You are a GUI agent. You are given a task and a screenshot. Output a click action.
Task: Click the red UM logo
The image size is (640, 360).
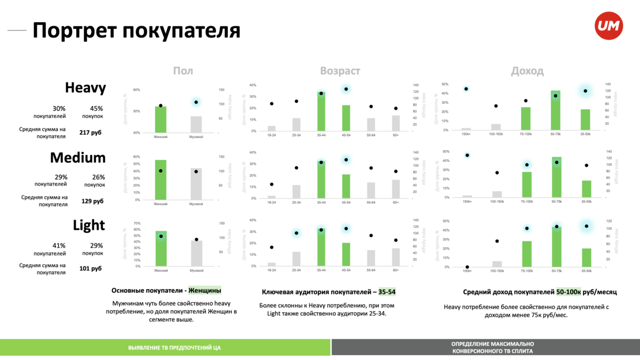[x=608, y=26]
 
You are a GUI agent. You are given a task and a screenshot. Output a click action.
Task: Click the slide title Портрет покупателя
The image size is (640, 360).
[x=136, y=30]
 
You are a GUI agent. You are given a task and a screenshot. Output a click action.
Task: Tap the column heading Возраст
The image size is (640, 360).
[x=340, y=71]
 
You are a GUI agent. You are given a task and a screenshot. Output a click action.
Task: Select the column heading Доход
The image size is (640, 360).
[x=527, y=71]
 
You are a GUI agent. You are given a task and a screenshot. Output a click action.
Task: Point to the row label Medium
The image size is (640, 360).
[x=78, y=158]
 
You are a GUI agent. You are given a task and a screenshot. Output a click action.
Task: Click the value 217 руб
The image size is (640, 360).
[x=90, y=133]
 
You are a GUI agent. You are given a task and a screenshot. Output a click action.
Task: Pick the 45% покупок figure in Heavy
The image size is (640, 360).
[x=93, y=108]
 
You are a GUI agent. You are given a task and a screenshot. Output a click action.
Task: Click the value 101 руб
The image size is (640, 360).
[x=90, y=269]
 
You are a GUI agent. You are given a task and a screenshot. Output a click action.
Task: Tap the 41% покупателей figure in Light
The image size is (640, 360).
[x=59, y=245]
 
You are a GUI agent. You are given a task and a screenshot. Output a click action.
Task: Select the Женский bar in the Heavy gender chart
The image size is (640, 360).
[x=161, y=120]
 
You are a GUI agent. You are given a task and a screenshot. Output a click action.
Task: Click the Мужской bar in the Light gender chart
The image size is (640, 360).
[x=196, y=253]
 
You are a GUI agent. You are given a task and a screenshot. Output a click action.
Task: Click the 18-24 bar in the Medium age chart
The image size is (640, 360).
[x=272, y=197]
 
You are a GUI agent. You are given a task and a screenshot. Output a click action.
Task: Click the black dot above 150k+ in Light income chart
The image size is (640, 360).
[x=467, y=267]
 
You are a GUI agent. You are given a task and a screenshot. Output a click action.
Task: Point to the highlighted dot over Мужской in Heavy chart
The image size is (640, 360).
[x=196, y=102]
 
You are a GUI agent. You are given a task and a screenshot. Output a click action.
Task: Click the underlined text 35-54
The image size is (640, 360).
[x=387, y=292]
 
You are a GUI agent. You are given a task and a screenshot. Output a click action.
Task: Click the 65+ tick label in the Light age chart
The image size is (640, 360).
[x=396, y=270]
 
